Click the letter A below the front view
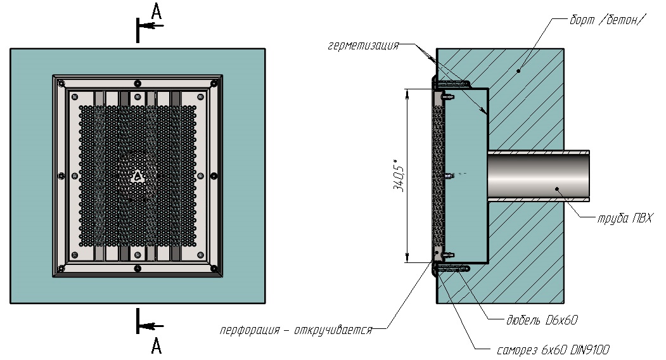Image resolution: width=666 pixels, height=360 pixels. (x=157, y=345)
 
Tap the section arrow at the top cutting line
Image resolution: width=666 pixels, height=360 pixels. (x=150, y=26)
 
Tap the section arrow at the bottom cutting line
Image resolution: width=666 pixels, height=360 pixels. (x=150, y=326)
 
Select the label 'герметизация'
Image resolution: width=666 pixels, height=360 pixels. (x=364, y=46)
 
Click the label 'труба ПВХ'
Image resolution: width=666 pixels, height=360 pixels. (x=624, y=219)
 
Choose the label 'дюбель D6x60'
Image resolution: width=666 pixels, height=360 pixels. (x=542, y=321)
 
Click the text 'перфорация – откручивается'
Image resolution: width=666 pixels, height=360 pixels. (x=296, y=330)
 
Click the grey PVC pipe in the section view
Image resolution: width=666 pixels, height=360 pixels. (x=539, y=174)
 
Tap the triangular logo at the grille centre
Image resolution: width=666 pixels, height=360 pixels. (x=138, y=176)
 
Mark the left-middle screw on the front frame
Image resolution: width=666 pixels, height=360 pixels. (x=60, y=176)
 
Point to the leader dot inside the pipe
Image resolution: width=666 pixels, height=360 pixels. (x=556, y=188)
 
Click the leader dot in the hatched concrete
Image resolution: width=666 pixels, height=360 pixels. (x=518, y=71)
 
